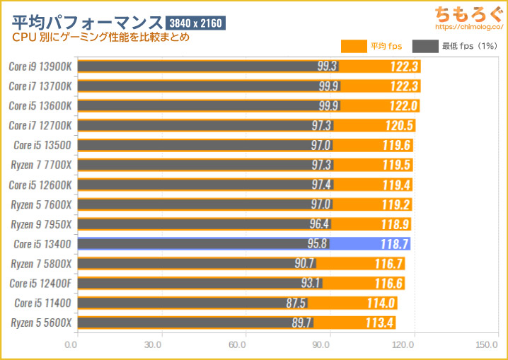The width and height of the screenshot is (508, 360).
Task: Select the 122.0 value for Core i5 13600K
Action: pyautogui.click(x=405, y=106)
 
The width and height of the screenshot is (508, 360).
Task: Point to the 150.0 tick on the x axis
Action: pyautogui.click(x=487, y=346)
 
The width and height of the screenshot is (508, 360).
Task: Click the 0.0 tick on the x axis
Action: pyautogui.click(x=71, y=346)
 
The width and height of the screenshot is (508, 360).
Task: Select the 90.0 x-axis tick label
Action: pyautogui.click(x=321, y=346)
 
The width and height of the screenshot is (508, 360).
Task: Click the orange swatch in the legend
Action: pyautogui.click(x=353, y=47)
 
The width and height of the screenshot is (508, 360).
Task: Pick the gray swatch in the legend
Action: pyautogui.click(x=425, y=47)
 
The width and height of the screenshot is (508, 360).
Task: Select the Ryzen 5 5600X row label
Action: pyautogui.click(x=41, y=323)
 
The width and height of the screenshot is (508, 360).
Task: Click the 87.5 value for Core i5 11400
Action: pyautogui.click(x=296, y=303)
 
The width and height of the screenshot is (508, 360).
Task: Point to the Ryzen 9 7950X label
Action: pyautogui.click(x=41, y=224)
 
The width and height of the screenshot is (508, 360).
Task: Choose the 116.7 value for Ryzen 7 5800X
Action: pyautogui.click(x=389, y=264)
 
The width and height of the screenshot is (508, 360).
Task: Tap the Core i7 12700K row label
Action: pyautogui.click(x=41, y=125)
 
